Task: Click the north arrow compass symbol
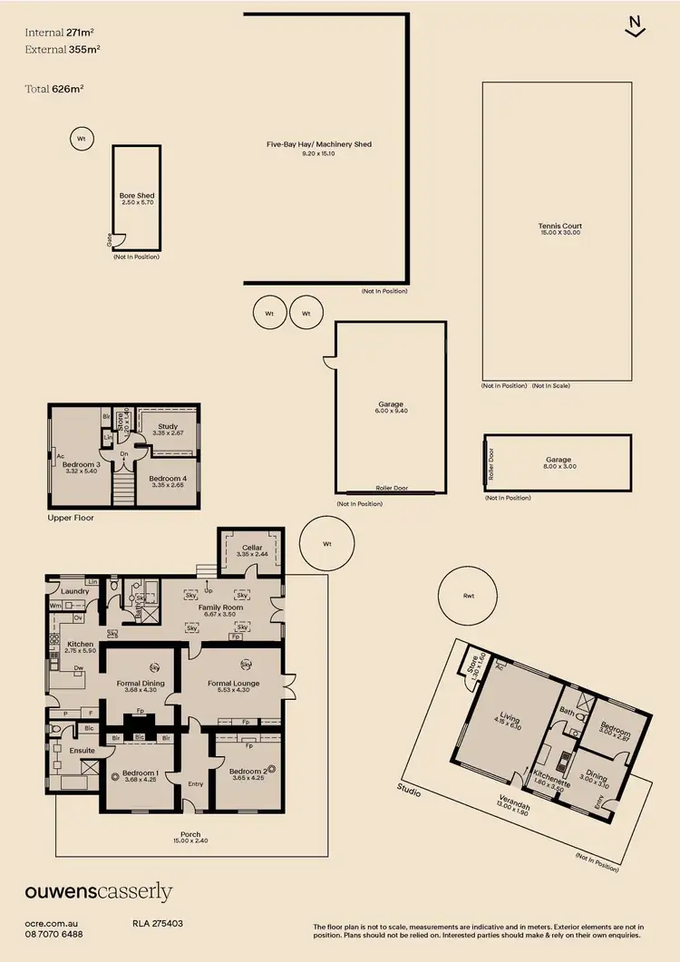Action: [636, 26]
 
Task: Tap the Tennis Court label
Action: [559, 227]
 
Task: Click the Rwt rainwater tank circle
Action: [468, 596]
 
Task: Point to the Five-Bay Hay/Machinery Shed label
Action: [319, 144]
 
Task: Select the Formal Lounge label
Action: [234, 684]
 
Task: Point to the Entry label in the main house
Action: [196, 784]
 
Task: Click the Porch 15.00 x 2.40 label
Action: [189, 835]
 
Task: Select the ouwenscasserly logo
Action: [98, 892]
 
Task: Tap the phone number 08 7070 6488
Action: [53, 934]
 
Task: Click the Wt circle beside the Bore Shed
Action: [81, 139]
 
